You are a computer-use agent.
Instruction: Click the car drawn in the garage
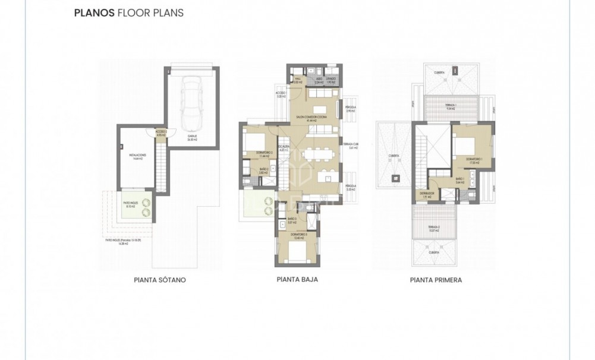click(x=193, y=104)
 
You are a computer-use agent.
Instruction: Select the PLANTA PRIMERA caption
click(x=436, y=279)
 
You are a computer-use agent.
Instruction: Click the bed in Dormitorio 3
click(x=295, y=252)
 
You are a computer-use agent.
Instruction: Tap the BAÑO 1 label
click(x=459, y=181)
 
